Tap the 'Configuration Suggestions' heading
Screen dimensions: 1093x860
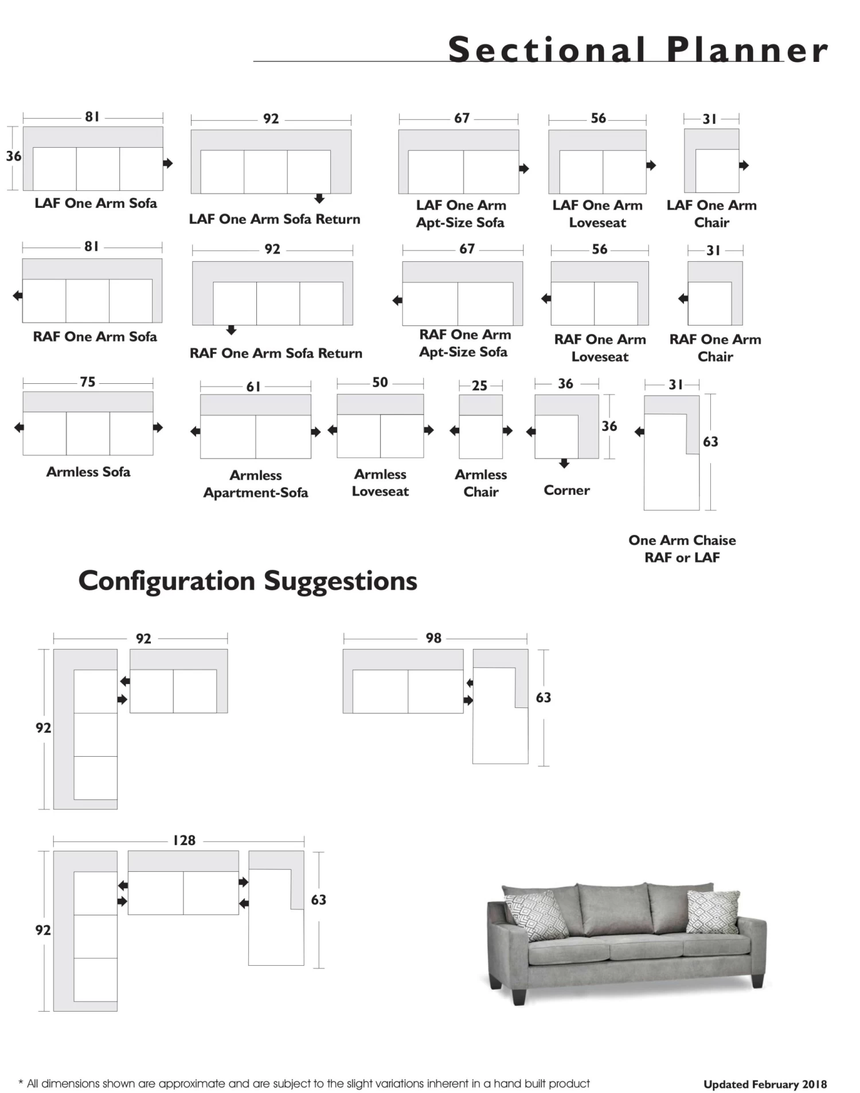(x=248, y=581)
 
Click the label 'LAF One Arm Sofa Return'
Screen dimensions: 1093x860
(x=275, y=219)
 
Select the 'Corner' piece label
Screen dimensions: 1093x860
(x=566, y=490)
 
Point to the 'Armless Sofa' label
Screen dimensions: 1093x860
(x=88, y=471)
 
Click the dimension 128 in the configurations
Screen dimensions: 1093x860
(x=184, y=840)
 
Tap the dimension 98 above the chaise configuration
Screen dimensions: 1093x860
(x=433, y=638)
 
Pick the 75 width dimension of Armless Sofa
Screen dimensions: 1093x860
(x=88, y=382)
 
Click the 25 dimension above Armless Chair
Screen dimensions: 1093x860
(x=479, y=386)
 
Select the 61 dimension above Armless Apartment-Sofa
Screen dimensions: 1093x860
(x=253, y=387)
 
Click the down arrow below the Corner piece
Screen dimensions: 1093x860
(x=564, y=463)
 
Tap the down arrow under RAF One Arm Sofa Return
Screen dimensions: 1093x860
(x=231, y=330)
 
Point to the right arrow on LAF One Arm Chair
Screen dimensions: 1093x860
(x=744, y=166)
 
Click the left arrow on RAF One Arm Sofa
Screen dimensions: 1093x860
(x=18, y=296)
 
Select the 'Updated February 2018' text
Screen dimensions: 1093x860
(x=765, y=1084)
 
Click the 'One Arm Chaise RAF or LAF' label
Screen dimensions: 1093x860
(x=682, y=548)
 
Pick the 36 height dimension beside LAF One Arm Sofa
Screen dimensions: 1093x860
(x=13, y=156)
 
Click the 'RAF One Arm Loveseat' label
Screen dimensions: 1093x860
(x=600, y=348)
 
